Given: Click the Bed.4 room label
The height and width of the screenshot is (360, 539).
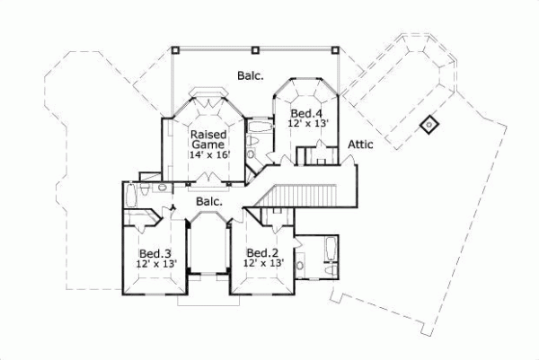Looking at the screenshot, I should pyautogui.click(x=306, y=113).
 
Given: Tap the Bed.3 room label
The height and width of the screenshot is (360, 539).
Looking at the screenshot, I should pyautogui.click(x=156, y=252).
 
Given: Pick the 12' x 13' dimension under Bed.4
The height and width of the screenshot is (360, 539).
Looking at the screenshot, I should pyautogui.click(x=308, y=125).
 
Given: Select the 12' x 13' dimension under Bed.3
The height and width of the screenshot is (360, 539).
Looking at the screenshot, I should pyautogui.click(x=156, y=264).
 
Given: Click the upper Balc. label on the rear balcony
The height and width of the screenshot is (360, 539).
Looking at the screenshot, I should pyautogui.click(x=251, y=76).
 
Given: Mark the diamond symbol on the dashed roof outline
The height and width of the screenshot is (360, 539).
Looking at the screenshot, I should pyautogui.click(x=429, y=125).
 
